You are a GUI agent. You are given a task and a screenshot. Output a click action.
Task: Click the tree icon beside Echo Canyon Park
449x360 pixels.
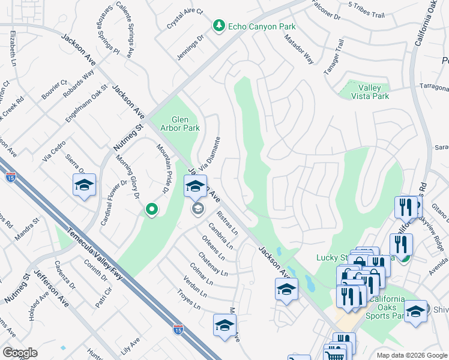(x=219, y=26)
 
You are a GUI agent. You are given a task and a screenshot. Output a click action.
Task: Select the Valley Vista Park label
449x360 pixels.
(x=366, y=92)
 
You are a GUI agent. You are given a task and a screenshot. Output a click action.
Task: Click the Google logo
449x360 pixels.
(x=20, y=353)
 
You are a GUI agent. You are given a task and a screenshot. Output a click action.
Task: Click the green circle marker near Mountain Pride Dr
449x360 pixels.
(x=152, y=209)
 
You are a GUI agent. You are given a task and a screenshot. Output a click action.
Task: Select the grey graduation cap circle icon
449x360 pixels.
(x=197, y=209)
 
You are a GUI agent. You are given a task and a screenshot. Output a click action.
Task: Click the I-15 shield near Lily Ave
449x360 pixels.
(x=178, y=329)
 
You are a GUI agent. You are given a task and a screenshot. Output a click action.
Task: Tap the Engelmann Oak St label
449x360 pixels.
(x=86, y=104)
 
